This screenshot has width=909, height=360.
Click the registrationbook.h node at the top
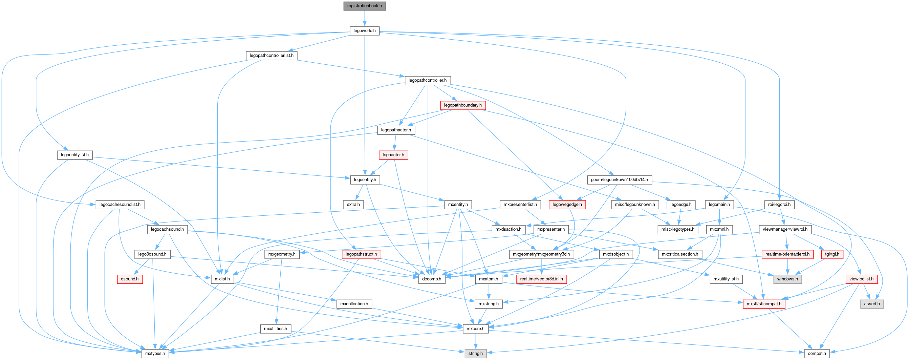click(x=364, y=6)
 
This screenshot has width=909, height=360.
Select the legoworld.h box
click(x=364, y=31)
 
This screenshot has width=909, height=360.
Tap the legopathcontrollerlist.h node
click(x=272, y=56)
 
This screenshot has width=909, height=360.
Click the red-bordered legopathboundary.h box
click(x=462, y=105)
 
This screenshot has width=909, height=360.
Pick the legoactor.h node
click(x=393, y=154)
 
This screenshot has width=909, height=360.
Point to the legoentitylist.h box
click(x=74, y=154)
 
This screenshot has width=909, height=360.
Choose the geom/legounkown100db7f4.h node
click(x=619, y=179)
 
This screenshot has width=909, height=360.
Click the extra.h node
click(x=353, y=204)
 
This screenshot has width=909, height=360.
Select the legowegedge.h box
click(x=567, y=204)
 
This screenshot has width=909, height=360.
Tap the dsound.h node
click(x=130, y=279)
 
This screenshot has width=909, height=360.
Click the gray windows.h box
click(x=787, y=279)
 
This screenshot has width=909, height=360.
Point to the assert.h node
click(x=872, y=303)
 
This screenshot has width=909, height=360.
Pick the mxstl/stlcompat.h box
click(x=764, y=303)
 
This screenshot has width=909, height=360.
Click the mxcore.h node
click(x=475, y=329)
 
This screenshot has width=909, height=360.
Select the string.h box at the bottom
click(x=475, y=353)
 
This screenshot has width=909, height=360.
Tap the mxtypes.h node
click(x=155, y=353)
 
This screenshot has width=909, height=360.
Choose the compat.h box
click(x=817, y=353)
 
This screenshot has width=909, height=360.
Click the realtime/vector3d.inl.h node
click(x=541, y=279)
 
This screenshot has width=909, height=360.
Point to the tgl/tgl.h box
click(x=832, y=254)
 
